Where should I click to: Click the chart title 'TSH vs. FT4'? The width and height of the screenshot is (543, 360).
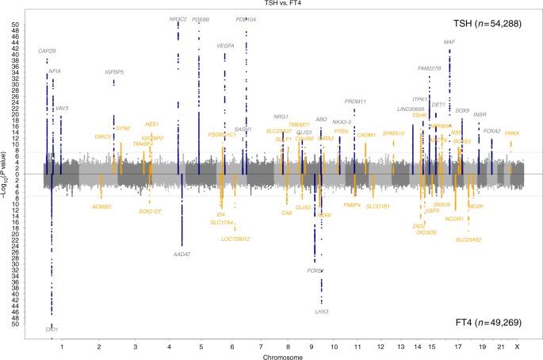(270, 5)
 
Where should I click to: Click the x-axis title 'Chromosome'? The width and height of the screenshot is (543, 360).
(271, 355)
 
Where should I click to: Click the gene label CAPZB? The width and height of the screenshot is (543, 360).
(48, 52)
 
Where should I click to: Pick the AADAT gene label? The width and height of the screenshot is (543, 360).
(182, 255)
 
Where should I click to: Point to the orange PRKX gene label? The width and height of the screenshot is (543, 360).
(511, 133)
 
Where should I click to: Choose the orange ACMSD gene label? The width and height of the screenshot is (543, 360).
(101, 206)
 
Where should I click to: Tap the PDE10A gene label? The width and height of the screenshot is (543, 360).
(247, 19)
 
